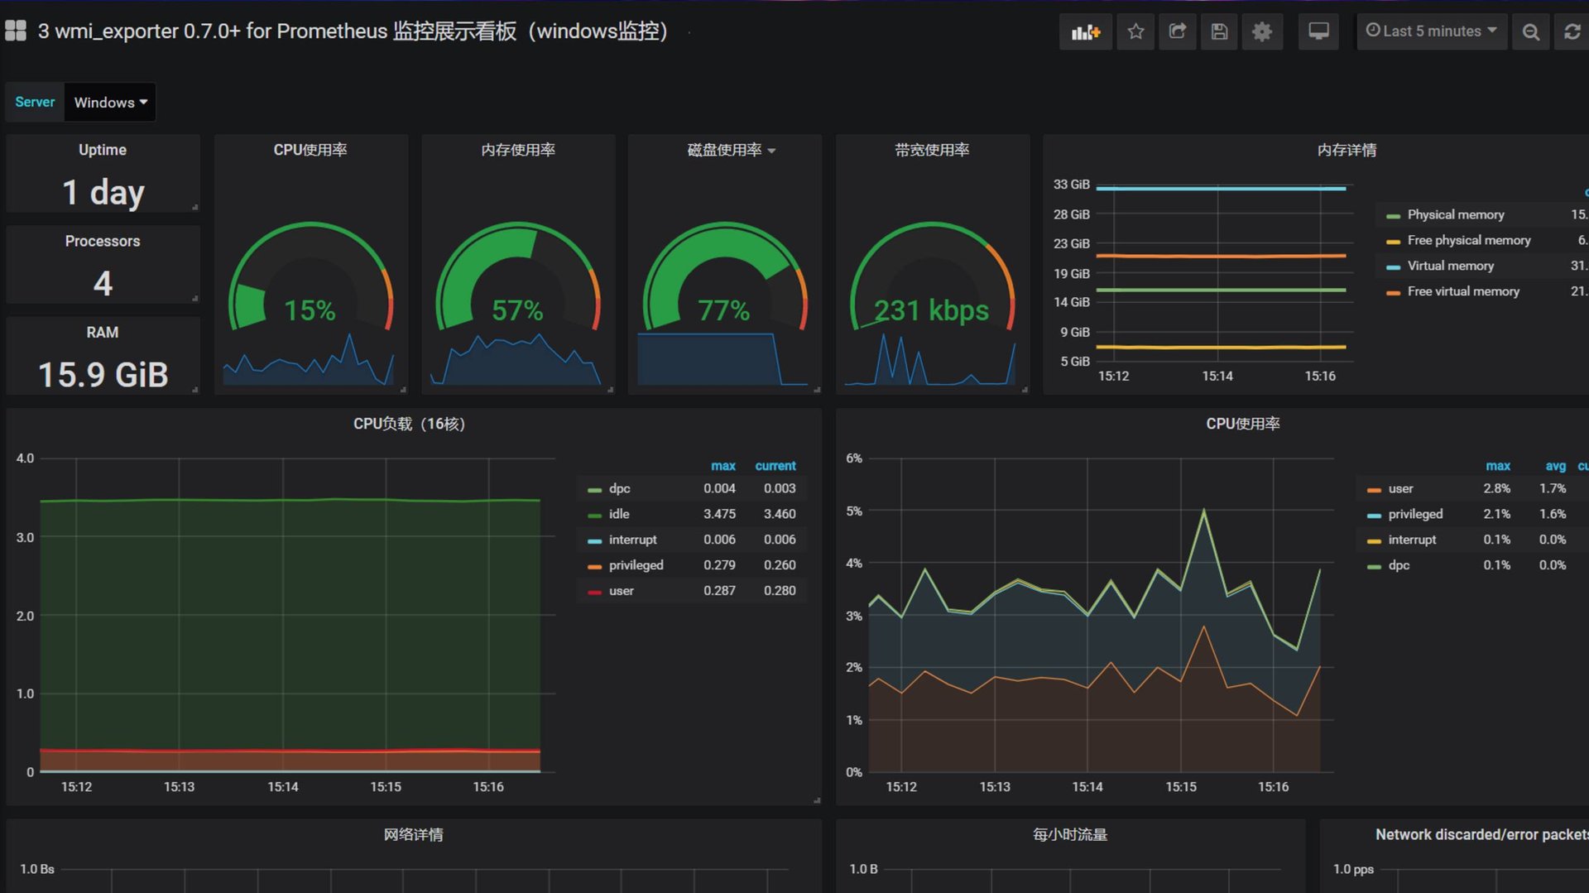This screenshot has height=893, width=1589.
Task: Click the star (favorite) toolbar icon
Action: pos(1135,31)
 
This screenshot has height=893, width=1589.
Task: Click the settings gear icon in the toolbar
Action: pos(1261,31)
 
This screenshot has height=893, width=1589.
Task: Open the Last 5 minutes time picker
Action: pos(1431,31)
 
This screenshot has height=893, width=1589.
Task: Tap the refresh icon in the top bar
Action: pos(1572,31)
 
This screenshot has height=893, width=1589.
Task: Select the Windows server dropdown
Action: pos(110,103)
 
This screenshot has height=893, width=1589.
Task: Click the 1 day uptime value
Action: pos(103,192)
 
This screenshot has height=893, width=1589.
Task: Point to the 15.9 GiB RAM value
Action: pos(103,374)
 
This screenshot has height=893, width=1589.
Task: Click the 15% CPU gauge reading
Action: pos(310,310)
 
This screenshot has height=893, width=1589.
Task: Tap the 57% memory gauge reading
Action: pos(517,310)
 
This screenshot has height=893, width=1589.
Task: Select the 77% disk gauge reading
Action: pos(723,310)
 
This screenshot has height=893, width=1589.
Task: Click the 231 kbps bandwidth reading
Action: pos(931,310)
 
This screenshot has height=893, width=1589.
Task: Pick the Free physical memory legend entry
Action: pos(1468,240)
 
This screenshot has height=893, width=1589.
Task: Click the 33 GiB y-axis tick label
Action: pos(1071,185)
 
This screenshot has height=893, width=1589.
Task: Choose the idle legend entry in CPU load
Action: pos(619,514)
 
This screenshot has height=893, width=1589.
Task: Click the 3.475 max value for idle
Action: pos(719,514)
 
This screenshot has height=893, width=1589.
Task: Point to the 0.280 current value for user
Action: pos(780,591)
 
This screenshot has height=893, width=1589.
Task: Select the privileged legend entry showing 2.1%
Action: pos(1415,514)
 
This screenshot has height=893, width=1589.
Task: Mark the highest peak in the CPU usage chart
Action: pos(1203,510)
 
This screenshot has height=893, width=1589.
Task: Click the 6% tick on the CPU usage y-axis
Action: pos(854,459)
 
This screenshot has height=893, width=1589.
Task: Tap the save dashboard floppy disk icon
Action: pos(1219,31)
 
